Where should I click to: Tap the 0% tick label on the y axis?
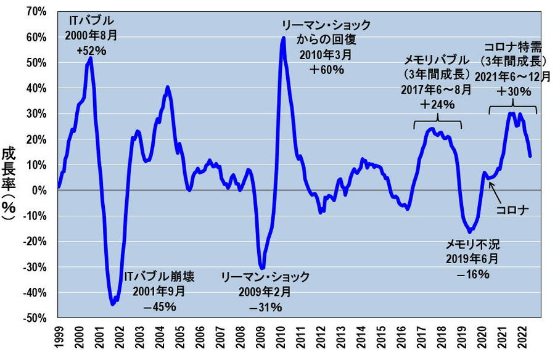(41, 190)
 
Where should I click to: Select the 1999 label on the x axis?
(59, 338)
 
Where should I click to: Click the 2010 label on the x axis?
(281, 338)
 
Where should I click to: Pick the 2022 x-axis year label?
(524, 338)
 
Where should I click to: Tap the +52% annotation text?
(91, 51)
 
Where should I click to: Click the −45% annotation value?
(159, 306)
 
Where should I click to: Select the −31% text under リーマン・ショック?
(265, 306)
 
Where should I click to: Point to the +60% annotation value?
(326, 70)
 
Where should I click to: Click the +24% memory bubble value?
(437, 104)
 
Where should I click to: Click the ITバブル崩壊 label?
(159, 276)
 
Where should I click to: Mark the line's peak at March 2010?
(283, 38)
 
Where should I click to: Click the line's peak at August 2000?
(91, 59)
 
